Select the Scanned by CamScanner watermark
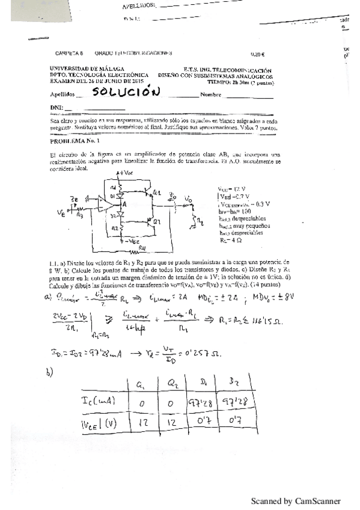point(295,500)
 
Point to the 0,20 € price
point(257,53)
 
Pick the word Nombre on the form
point(211,94)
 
